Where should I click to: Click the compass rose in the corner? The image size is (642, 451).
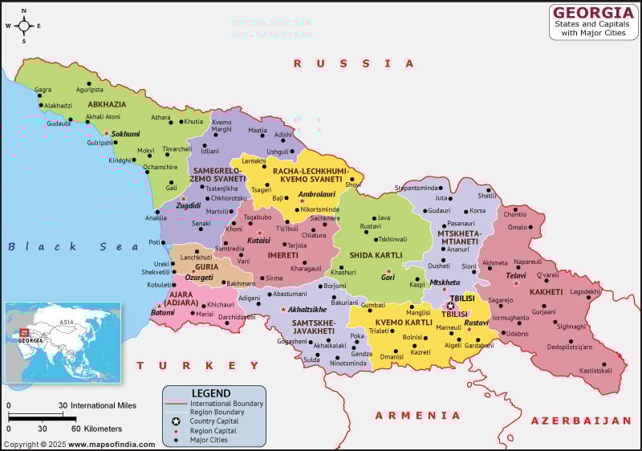click(x=23, y=26)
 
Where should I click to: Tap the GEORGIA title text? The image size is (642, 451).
click(x=593, y=12)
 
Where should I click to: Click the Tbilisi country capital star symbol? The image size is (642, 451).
click(x=450, y=306)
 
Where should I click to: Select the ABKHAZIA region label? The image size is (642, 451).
click(x=107, y=104)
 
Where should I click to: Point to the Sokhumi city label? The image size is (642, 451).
click(x=125, y=134)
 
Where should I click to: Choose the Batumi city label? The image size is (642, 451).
click(x=162, y=312)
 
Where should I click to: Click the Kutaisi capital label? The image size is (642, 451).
click(x=258, y=240)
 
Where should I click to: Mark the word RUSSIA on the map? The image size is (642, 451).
click(x=353, y=63)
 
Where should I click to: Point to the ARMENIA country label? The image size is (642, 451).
click(x=418, y=416)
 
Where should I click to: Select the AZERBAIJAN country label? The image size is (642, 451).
click(x=581, y=421)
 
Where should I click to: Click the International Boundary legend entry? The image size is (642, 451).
click(x=226, y=403)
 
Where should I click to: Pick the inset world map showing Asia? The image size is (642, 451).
click(x=63, y=342)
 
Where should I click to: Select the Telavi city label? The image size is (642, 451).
click(x=515, y=275)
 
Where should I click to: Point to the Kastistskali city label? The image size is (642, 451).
click(x=595, y=370)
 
